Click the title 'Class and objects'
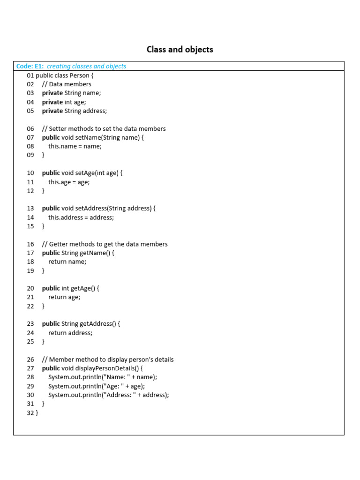point(180,49)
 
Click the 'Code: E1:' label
point(30,66)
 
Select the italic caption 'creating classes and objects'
point(86,66)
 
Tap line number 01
point(30,75)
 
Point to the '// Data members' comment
point(67,84)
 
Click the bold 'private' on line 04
point(52,102)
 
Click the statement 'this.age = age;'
point(69,182)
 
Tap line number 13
point(30,208)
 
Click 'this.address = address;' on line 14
point(81,217)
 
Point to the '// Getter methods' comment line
point(105,244)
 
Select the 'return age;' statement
point(64,297)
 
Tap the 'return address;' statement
point(70,332)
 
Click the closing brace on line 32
point(37,412)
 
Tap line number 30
point(30,395)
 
